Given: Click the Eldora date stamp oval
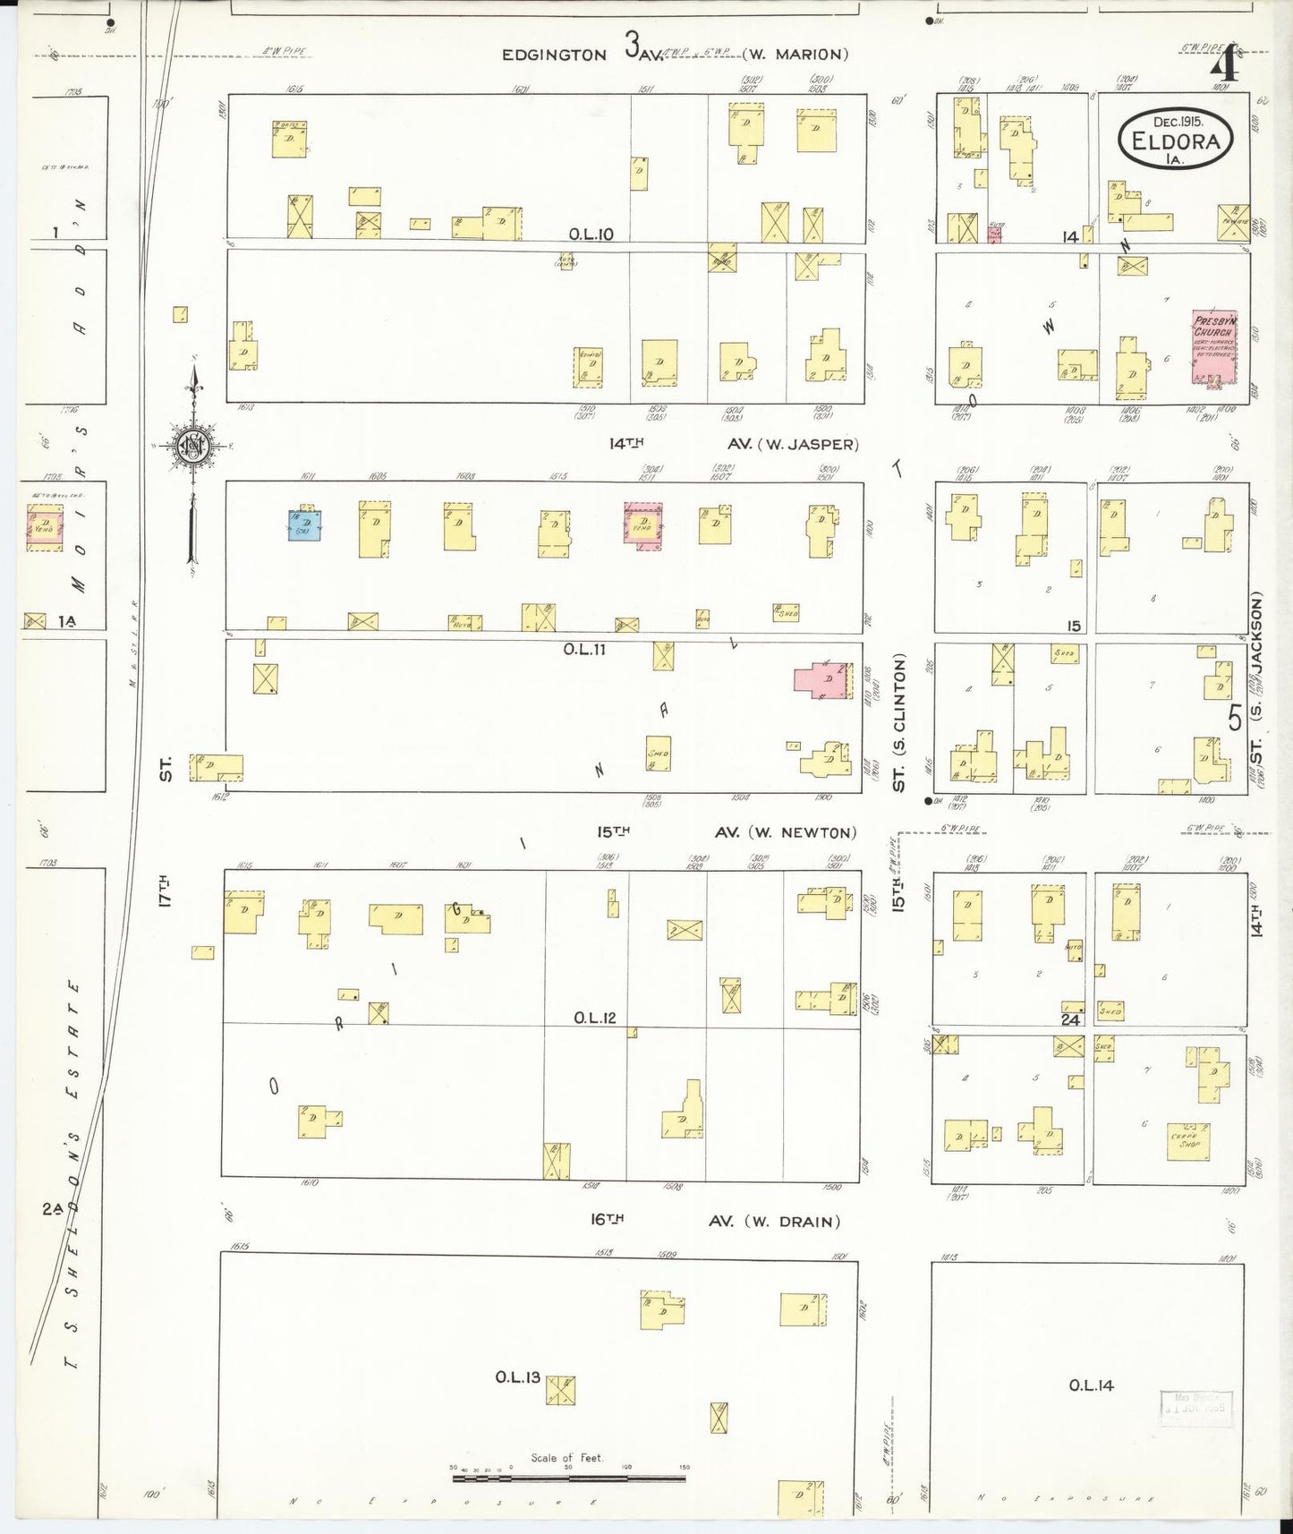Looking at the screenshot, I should (x=1175, y=139).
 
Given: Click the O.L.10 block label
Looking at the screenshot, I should (x=591, y=234).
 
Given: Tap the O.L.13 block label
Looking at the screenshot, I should (x=518, y=1376).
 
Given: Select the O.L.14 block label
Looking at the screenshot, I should (x=1091, y=1385).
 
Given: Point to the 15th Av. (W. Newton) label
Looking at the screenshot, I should (x=726, y=832).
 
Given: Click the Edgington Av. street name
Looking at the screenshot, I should (x=554, y=55).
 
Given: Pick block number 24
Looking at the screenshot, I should (x=1070, y=1019).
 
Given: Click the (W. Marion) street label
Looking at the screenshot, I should (x=795, y=55).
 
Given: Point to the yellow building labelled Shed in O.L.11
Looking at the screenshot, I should (x=658, y=753).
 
